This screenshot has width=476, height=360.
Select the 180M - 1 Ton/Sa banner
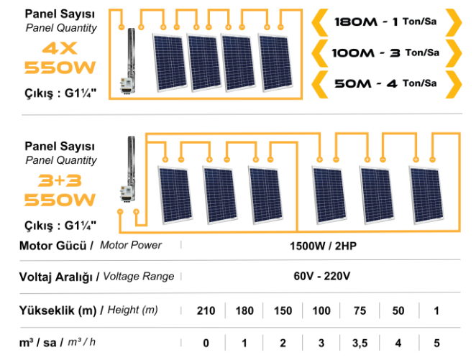coord(385,22)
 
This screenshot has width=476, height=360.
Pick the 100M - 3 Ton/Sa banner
coord(385,52)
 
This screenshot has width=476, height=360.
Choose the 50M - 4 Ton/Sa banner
coord(385,83)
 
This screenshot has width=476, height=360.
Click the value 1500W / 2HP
coord(321,246)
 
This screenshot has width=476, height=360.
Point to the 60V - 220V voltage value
coord(321,276)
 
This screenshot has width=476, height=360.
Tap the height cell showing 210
coord(206,310)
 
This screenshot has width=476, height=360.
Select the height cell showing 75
coord(360,310)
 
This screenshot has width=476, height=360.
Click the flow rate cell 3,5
coord(360,342)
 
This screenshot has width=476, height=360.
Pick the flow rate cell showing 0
coord(206,342)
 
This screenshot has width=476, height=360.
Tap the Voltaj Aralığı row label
coord(60,276)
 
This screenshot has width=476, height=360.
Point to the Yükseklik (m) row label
coord(58,310)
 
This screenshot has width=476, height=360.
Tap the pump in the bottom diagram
coord(130,176)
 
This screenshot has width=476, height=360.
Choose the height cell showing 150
coord(283,310)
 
